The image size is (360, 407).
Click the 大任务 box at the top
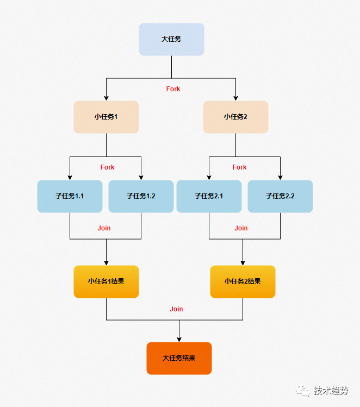171,39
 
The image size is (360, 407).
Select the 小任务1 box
106,117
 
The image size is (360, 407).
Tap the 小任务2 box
235,117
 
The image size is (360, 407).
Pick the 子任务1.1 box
70,196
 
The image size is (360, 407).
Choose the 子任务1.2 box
141,196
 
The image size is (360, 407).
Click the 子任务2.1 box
209,196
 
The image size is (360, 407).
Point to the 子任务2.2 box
280,196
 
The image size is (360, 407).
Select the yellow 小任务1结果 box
106,281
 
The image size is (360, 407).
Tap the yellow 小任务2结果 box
243,281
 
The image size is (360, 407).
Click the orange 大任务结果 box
179,358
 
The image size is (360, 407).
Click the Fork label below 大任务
173,89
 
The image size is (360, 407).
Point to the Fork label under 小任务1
107,167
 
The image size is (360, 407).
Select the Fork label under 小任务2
239,167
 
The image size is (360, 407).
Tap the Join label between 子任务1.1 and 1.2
104,228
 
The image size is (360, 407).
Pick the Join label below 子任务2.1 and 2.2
241,228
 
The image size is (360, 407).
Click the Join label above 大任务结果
176,309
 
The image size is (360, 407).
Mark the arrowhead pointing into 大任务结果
179,339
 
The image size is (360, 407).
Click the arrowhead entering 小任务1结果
106,262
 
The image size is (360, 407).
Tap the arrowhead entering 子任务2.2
280,177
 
